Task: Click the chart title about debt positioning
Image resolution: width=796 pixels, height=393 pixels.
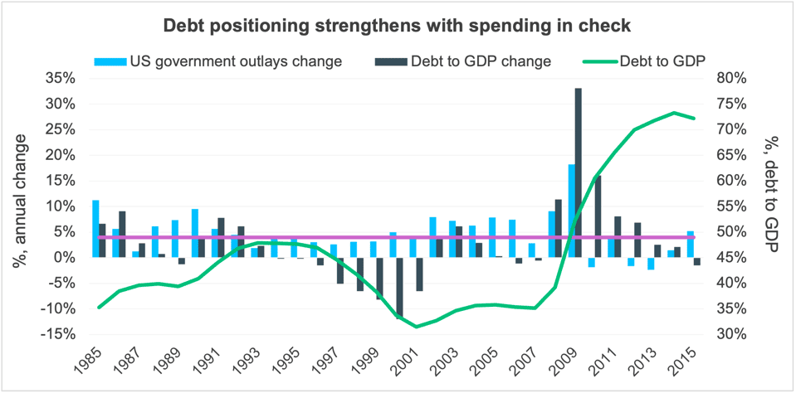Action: click(x=397, y=26)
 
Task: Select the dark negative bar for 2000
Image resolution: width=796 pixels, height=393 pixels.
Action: click(x=399, y=287)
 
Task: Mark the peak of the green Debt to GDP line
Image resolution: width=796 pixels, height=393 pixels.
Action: click(x=675, y=113)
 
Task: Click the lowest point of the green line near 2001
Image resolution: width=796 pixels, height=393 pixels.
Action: click(x=416, y=327)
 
